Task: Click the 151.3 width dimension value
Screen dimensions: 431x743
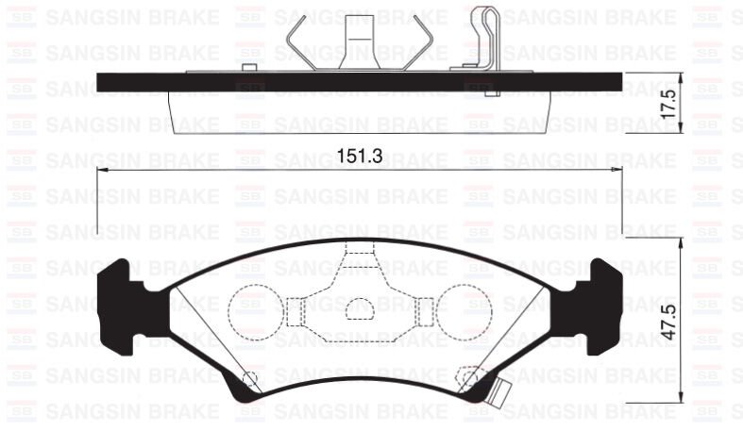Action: [x=359, y=157]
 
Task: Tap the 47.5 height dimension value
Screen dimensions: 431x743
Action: [x=668, y=323]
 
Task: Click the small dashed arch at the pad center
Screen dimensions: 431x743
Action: [x=360, y=308]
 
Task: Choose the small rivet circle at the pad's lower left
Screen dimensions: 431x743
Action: [x=250, y=379]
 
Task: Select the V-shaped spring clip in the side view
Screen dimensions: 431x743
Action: [x=361, y=42]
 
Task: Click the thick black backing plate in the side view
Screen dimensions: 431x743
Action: [x=359, y=82]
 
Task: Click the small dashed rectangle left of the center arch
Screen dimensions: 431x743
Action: [x=295, y=308]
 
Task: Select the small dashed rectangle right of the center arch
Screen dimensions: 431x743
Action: [x=425, y=308]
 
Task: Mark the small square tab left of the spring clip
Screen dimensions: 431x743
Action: [x=249, y=68]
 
